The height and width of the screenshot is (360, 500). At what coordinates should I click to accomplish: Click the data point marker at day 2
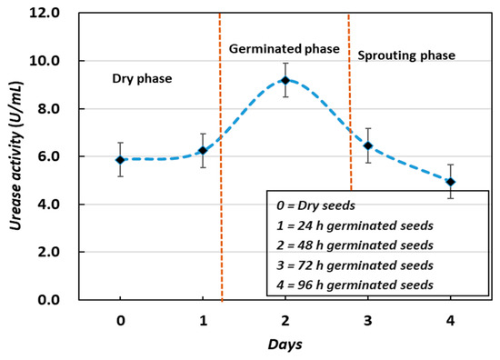[285, 80]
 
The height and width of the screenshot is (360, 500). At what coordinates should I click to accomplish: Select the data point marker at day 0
[120, 159]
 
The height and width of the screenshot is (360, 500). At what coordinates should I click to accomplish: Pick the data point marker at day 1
[203, 150]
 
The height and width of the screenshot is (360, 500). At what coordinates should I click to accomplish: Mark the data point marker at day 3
[368, 145]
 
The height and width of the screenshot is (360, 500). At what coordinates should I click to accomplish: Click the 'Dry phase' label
[142, 79]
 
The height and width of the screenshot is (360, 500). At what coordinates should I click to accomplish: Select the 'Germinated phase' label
[284, 47]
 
